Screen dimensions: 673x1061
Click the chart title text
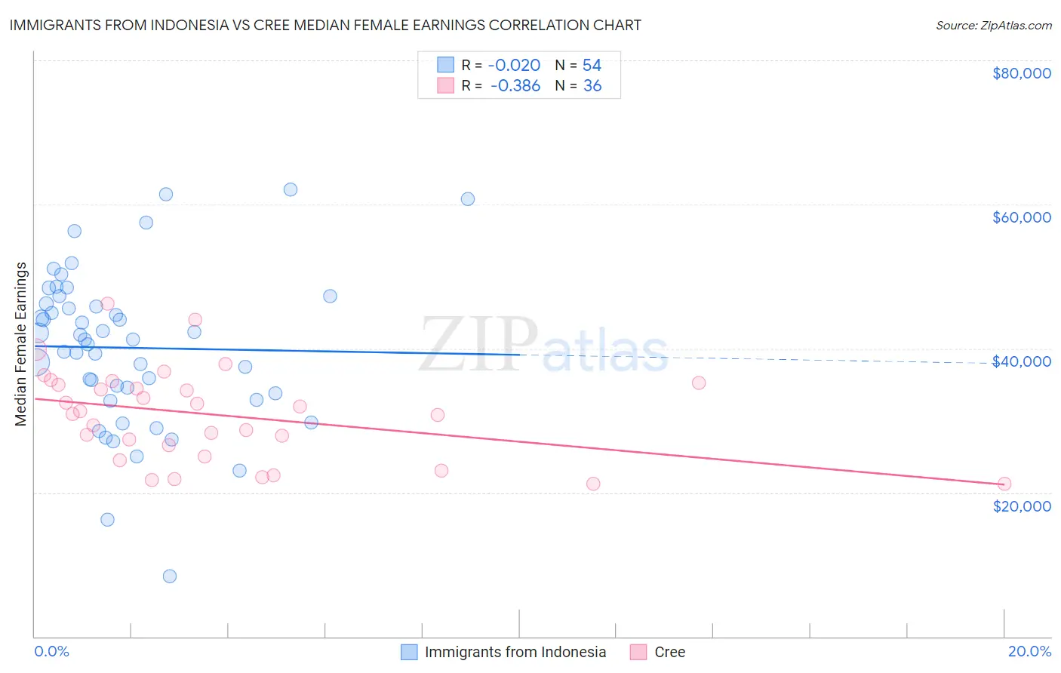pyautogui.click(x=324, y=25)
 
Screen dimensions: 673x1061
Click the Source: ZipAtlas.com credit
pyautogui.click(x=993, y=26)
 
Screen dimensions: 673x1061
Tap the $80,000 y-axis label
pyautogui.click(x=1021, y=73)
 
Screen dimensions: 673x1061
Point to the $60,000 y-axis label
pyautogui.click(x=1021, y=217)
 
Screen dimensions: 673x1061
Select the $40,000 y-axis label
pyautogui.click(x=1021, y=361)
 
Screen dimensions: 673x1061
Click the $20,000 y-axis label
pyautogui.click(x=1021, y=506)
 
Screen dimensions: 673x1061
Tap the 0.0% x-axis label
pyautogui.click(x=51, y=651)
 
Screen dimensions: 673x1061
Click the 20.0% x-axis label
pyautogui.click(x=1029, y=651)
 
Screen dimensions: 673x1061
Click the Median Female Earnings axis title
pyautogui.click(x=21, y=344)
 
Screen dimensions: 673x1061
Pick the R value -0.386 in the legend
pyautogui.click(x=515, y=86)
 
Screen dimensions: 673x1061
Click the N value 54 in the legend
pyautogui.click(x=592, y=66)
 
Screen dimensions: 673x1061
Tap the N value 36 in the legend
pyautogui.click(x=592, y=86)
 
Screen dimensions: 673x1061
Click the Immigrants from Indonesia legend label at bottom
pyautogui.click(x=515, y=652)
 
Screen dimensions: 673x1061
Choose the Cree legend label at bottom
pyautogui.click(x=669, y=652)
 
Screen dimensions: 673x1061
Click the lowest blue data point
pyautogui.click(x=170, y=576)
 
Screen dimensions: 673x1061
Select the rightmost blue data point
pyautogui.click(x=468, y=199)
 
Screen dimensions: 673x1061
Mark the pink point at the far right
pyautogui.click(x=1004, y=484)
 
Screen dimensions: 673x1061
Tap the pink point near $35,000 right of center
pyautogui.click(x=699, y=383)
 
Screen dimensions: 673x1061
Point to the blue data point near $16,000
pyautogui.click(x=107, y=519)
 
